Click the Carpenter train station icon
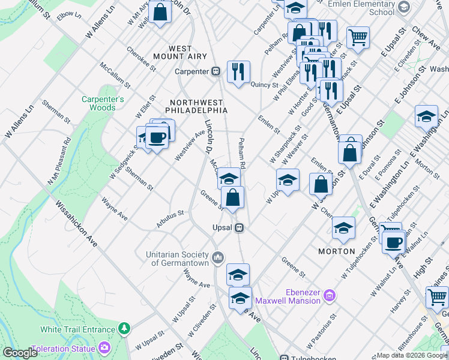click(x=215, y=71)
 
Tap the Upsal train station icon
click(x=239, y=228)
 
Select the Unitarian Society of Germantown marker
click(x=217, y=257)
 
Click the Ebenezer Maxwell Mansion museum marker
click(x=329, y=295)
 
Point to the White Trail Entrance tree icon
click(x=124, y=329)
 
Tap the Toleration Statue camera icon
click(x=105, y=348)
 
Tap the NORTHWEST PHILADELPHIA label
click(x=198, y=106)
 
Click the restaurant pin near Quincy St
click(x=239, y=71)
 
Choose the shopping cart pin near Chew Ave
click(x=358, y=37)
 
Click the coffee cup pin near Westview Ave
click(x=157, y=137)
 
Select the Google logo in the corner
click(x=19, y=353)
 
